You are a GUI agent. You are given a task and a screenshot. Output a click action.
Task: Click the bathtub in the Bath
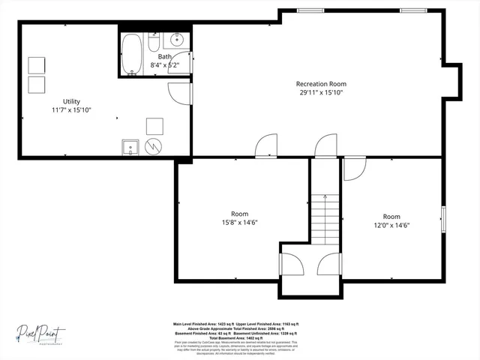(x=133, y=54)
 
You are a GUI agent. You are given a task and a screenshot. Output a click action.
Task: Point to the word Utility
(x=71, y=101)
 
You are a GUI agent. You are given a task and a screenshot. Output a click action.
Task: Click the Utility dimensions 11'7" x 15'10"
(x=71, y=110)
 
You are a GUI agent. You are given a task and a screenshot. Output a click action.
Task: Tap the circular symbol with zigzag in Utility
(x=154, y=146)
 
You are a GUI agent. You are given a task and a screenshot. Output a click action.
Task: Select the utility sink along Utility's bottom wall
(x=130, y=147)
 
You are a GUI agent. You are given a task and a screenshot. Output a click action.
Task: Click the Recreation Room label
(x=321, y=84)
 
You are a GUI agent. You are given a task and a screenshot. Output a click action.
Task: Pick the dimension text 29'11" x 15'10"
(x=321, y=93)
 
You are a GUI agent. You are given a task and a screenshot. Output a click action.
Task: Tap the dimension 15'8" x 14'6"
(x=239, y=223)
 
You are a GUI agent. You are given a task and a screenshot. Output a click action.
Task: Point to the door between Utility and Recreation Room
(x=180, y=92)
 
